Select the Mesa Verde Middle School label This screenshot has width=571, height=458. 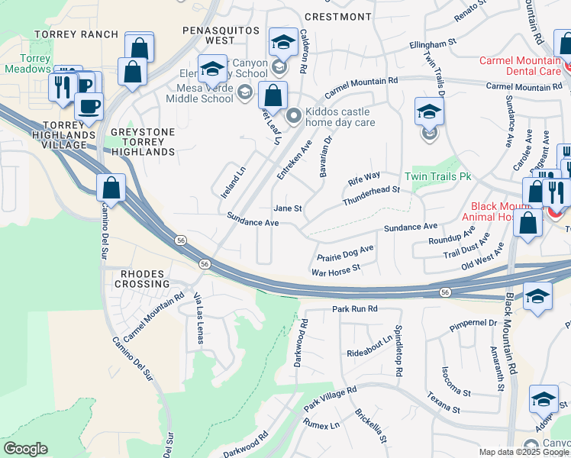pos(200,92)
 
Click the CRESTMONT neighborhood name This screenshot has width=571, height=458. pos(337,16)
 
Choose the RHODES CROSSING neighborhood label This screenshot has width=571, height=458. pos(143,279)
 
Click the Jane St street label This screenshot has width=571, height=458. pos(288,208)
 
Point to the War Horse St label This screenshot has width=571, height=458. pos(336,270)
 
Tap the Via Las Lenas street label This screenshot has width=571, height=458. pos(199,318)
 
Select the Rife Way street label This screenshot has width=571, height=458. pos(364,180)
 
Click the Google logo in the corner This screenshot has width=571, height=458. pos(25,449)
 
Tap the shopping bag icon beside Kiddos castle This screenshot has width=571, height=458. pos(272,97)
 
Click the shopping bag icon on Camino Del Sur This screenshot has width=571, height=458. pos(111,189)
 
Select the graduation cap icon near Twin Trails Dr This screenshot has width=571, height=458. pos(429,112)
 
